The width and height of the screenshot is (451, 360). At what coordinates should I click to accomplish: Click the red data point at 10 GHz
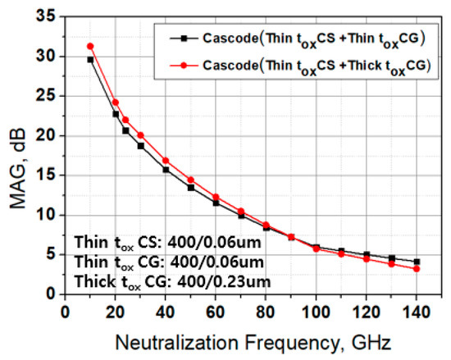coord(90,46)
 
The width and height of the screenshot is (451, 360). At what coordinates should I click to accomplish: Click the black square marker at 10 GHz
coord(90,59)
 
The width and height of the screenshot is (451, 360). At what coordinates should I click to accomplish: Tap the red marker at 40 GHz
coord(166,161)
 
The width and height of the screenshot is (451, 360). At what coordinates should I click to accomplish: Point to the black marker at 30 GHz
coord(140,146)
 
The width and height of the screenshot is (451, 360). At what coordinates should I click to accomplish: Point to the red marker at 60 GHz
coord(216,197)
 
